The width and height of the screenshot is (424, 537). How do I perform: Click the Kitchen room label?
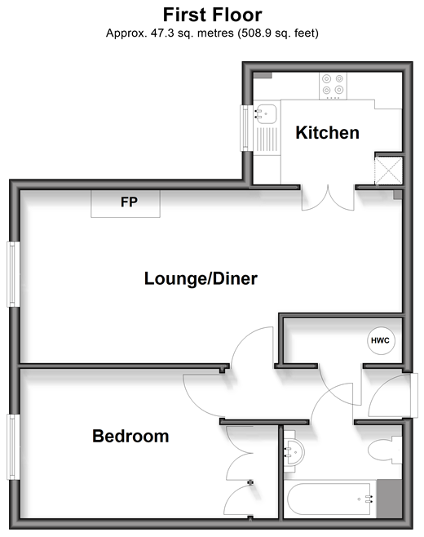click(328, 132)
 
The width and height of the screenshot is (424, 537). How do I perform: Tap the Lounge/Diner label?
click(201, 278)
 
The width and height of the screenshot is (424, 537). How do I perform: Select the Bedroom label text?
click(130, 436)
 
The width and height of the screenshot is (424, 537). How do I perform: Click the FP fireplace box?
click(126, 204)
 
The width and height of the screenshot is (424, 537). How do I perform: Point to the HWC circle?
click(381, 340)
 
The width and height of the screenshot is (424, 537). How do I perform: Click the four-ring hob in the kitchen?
click(333, 86)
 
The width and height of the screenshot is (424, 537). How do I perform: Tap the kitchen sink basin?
click(267, 114)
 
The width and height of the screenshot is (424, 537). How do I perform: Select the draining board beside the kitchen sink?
click(267, 140)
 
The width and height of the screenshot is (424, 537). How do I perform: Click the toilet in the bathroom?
click(385, 450)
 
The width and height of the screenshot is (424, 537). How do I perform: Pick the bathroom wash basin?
click(294, 452)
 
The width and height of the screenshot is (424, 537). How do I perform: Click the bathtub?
click(330, 499)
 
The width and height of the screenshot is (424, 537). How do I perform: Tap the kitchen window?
click(245, 128)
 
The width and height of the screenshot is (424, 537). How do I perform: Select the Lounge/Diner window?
click(13, 274)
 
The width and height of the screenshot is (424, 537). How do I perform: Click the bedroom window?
click(13, 447)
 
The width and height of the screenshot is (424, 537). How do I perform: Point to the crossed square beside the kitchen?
click(389, 171)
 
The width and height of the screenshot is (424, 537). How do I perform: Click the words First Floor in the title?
click(213, 15)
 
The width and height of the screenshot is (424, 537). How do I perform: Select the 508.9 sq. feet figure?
click(279, 33)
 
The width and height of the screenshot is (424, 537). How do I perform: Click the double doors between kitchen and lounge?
click(328, 197)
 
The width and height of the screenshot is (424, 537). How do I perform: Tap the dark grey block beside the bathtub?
click(390, 499)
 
